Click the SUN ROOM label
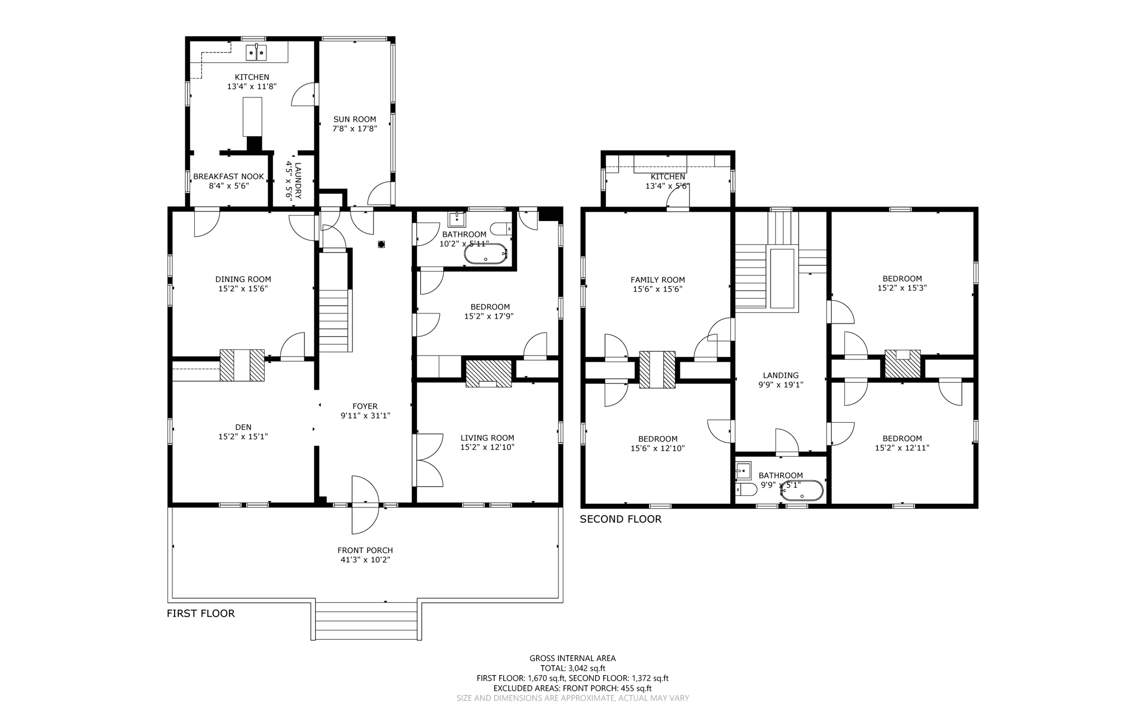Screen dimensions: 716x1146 [x=354, y=119]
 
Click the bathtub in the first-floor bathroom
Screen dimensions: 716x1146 [x=485, y=254]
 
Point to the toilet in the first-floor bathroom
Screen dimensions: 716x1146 [x=500, y=228]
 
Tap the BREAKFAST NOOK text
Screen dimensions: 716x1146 [x=228, y=176]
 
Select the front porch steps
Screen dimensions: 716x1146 [x=366, y=621]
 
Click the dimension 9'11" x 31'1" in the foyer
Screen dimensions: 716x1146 [x=365, y=416]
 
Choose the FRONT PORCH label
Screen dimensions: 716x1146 [x=365, y=550]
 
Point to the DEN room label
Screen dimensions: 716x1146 [x=243, y=427]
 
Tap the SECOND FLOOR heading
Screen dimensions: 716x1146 [x=620, y=519]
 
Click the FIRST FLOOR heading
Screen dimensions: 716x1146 [x=200, y=613]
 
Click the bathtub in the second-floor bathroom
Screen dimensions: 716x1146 [x=802, y=491]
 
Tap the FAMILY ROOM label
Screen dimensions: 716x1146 [x=657, y=280]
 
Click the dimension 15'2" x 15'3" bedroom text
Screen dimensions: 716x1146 [x=902, y=288]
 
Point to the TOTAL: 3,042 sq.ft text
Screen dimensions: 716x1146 [x=572, y=668]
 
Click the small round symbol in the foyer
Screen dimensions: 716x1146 [x=382, y=244]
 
